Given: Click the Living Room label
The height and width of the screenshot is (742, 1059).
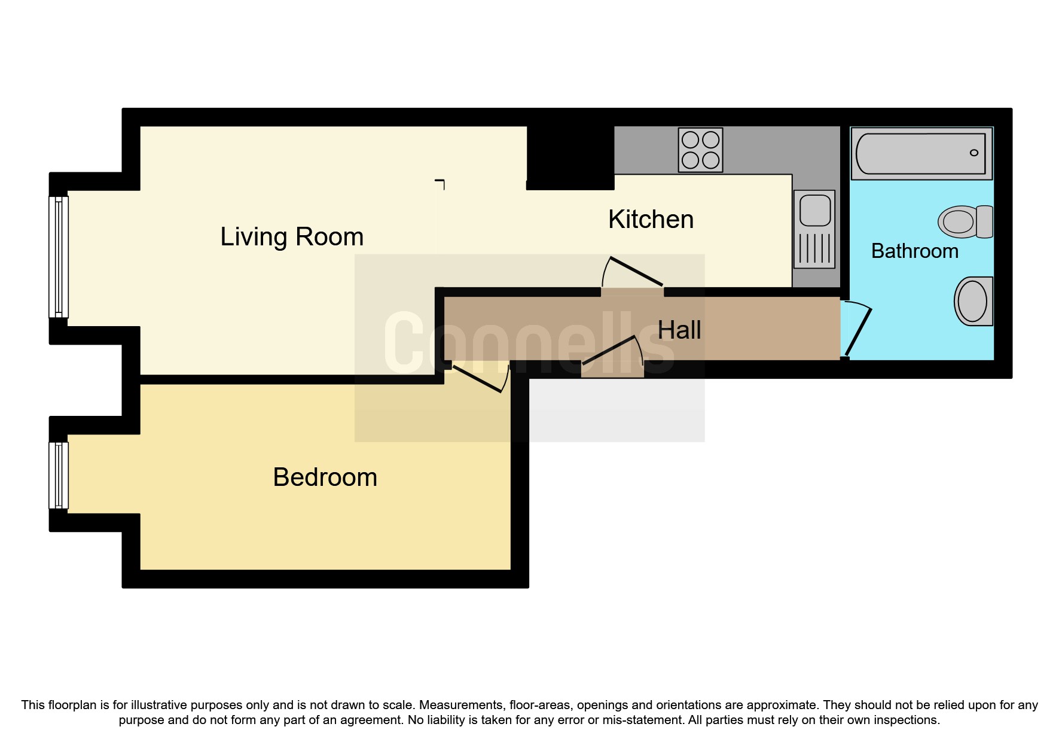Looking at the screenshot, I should [x=292, y=237].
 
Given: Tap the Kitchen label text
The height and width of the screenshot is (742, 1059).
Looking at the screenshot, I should [x=651, y=220].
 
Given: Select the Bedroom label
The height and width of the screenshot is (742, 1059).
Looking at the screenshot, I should [x=325, y=478].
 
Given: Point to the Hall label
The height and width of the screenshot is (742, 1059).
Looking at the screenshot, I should [x=679, y=330].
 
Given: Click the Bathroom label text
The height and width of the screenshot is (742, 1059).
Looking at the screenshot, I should [x=914, y=251].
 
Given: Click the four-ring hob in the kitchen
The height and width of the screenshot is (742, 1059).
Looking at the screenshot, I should [x=700, y=150].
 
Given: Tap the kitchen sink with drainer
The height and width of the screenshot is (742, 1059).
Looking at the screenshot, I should [x=814, y=229].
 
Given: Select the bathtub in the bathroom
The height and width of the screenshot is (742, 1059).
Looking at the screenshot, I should [x=921, y=154].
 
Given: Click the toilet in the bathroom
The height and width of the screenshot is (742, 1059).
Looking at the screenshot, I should [x=965, y=221].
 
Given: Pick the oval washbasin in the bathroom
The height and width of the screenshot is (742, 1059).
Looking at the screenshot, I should [x=972, y=301].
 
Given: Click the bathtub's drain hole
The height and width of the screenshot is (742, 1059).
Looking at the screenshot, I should [x=973, y=153].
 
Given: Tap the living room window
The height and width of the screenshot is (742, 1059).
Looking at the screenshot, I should [x=59, y=257].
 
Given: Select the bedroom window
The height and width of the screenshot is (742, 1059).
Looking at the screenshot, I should [x=59, y=475].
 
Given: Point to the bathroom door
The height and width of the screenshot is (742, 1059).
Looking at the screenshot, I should [x=857, y=332].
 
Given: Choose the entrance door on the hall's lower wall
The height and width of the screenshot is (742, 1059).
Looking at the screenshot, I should [x=612, y=353].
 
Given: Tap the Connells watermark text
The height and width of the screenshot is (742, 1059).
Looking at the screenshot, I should [x=529, y=343].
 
